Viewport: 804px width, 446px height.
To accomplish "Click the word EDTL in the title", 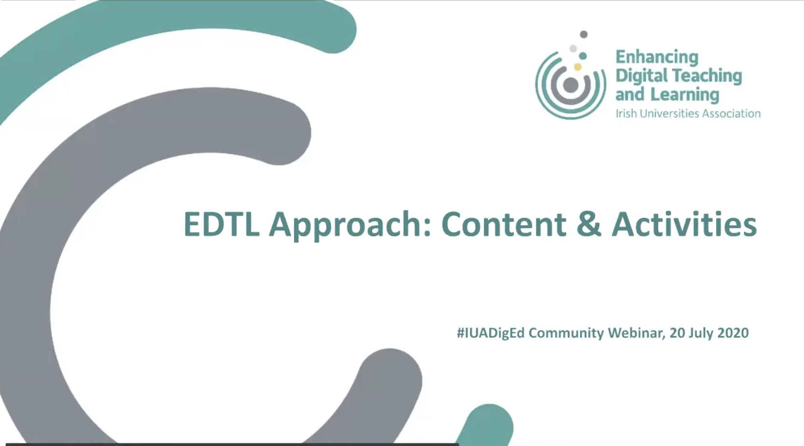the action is point(222,224).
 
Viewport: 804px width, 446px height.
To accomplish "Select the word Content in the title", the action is point(503,224).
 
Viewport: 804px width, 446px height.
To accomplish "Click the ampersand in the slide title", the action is point(589,224).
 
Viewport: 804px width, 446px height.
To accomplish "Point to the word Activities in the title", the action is point(684,224).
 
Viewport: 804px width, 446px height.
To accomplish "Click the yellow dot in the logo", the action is point(578,67).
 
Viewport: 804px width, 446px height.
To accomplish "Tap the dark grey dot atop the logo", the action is point(583,34).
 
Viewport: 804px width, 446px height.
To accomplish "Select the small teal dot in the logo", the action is point(583,56).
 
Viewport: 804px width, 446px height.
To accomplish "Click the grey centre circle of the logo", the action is point(570,85).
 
